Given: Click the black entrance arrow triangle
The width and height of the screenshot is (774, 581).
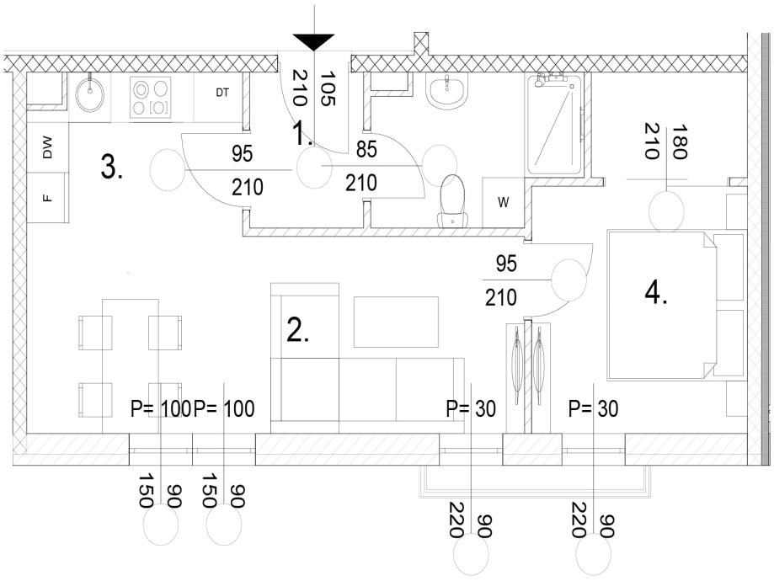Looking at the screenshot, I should (314, 42).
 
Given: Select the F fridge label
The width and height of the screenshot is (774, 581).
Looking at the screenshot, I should (47, 198).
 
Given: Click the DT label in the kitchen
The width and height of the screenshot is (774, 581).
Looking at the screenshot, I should (222, 93).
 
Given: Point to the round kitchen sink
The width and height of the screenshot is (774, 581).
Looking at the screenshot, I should (90, 96).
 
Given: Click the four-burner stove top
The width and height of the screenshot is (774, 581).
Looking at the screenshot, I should (151, 97).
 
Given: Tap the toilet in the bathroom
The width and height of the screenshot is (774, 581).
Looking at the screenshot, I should (452, 200).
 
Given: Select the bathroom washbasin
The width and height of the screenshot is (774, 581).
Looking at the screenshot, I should (446, 91).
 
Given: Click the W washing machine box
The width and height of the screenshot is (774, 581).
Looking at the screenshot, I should (504, 202).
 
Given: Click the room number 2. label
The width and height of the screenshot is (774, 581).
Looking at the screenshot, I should (298, 331).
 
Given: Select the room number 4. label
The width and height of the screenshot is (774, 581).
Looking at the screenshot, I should (656, 293).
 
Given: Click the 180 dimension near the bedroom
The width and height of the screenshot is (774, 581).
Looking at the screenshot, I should (681, 141).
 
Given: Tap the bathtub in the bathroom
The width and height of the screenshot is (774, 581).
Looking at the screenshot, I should (554, 126).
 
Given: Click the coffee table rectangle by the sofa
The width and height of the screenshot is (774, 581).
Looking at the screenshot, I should (396, 322).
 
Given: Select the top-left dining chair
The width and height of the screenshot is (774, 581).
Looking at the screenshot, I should (95, 333).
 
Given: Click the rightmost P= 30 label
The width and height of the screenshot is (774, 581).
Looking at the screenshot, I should (593, 409).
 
